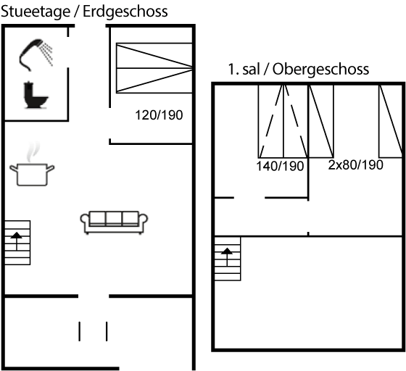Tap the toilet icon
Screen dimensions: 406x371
click(x=35, y=95)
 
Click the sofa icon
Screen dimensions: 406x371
click(x=114, y=222)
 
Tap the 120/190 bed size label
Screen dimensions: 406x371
click(x=159, y=115)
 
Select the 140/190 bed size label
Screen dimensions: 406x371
click(x=280, y=166)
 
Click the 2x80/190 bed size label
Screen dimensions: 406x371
click(x=355, y=164)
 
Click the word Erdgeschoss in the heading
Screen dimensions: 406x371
click(x=125, y=12)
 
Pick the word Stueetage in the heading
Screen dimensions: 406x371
click(x=36, y=12)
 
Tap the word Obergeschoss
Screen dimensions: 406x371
click(x=320, y=70)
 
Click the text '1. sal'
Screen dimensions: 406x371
click(x=244, y=70)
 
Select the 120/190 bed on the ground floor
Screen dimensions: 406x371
click(x=154, y=68)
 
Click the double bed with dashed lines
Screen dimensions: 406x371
click(x=283, y=121)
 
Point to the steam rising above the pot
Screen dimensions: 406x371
click(x=33, y=151)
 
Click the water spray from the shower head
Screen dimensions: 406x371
click(x=47, y=54)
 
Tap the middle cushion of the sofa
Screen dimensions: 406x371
click(x=114, y=218)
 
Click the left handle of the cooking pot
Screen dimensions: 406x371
click(x=14, y=168)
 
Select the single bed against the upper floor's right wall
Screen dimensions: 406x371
click(x=391, y=121)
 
